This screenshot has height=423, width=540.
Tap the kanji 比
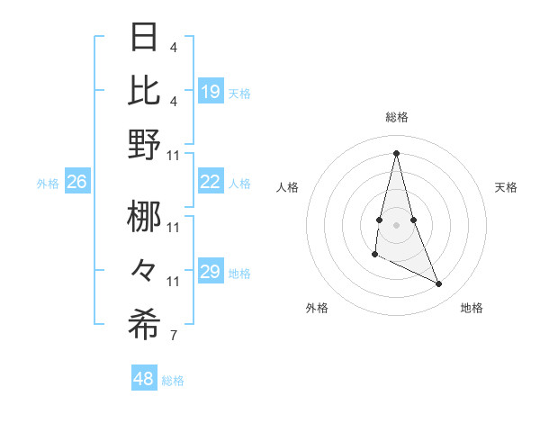tap(145, 89)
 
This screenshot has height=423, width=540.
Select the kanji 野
tap(145, 144)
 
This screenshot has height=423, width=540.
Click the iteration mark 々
tap(145, 270)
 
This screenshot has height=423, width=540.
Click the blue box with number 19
tap(211, 91)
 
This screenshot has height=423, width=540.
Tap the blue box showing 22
tap(211, 182)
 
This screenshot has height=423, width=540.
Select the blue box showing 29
tap(211, 273)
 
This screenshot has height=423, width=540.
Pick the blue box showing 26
tap(76, 183)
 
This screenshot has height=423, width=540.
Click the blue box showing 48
tap(143, 379)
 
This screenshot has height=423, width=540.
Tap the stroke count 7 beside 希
tap(173, 337)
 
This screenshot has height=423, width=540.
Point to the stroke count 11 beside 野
tap(175, 155)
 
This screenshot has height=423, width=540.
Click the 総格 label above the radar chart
tap(397, 117)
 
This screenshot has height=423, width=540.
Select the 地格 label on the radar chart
tap(472, 308)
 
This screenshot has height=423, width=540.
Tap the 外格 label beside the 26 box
tap(48, 184)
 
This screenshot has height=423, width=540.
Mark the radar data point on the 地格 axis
tap(439, 284)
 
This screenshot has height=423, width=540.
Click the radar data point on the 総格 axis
tap(396, 152)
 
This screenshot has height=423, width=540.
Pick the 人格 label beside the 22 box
tap(239, 183)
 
